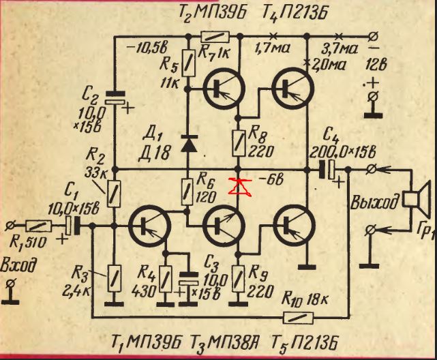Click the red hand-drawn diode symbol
coord(238,185)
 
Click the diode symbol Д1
coord(187,143)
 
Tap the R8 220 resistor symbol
coord(239,141)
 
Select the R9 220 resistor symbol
coord(239,277)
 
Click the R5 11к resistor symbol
coord(187,66)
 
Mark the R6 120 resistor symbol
coord(187,191)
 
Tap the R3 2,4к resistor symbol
coord(113,277)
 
